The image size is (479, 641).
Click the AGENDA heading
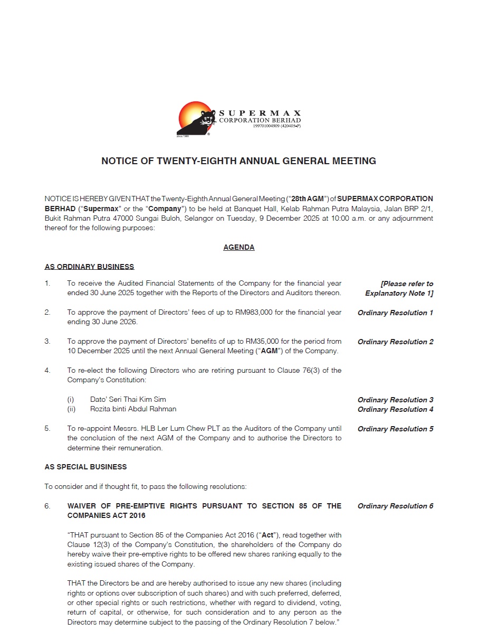pos(239,247)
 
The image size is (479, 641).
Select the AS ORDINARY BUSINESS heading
pos(89,267)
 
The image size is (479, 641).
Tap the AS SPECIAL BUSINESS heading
pos(85,467)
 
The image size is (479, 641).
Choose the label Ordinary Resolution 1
pos(395,313)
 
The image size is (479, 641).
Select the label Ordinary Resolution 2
pos(395,342)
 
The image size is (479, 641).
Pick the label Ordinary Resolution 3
pos(395,400)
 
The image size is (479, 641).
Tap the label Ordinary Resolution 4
pos(395,409)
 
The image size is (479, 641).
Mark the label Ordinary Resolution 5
pos(395,429)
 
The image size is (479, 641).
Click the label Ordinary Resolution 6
pos(395,506)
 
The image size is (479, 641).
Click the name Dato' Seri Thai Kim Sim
pos(128,400)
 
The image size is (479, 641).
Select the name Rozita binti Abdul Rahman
pos(133,409)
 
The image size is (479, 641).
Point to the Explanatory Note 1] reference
pos(399,293)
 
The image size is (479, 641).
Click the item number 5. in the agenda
pos(47,429)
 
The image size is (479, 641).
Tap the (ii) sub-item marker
pos(71,409)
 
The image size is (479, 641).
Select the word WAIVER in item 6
pos(83,506)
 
